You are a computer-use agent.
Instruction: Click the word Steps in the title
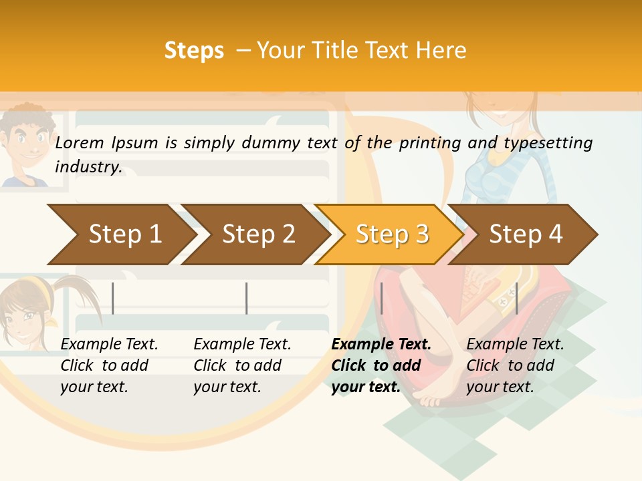194,51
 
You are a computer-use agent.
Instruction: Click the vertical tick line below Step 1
113,298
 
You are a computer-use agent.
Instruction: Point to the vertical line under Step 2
247,298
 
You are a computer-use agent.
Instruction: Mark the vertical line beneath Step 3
381,298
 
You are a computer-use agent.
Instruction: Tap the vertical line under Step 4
516,298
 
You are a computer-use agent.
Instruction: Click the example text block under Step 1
108,365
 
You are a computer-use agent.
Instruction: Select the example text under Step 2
241,365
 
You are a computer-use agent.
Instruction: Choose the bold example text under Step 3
381,365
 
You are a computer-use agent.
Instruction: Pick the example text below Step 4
514,365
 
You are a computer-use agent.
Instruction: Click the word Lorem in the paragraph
80,142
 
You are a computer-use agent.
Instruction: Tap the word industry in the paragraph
88,167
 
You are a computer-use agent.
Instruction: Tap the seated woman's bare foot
428,398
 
